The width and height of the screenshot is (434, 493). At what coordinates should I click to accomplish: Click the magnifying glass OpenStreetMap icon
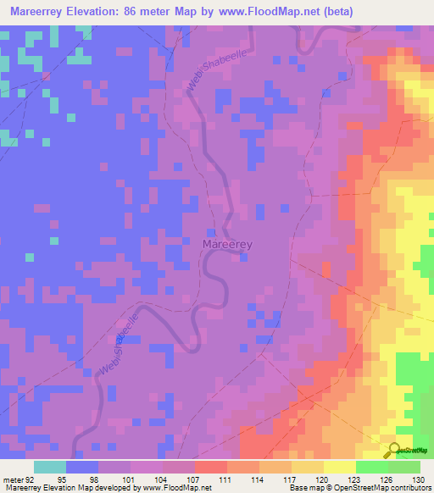point(395,450)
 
